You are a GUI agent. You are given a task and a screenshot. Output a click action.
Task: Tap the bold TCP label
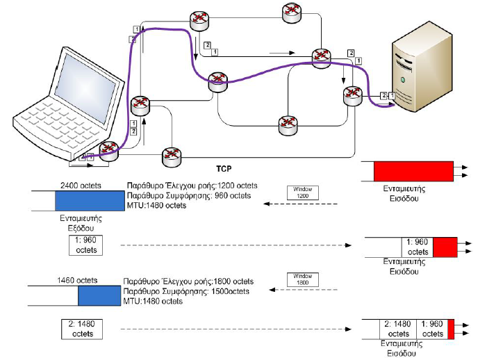(224, 167)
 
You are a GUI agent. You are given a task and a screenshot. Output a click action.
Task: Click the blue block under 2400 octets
(89, 201)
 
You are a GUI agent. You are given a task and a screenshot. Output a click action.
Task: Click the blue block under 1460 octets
(100, 295)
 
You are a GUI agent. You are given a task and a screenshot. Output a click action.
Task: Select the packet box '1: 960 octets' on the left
(85, 245)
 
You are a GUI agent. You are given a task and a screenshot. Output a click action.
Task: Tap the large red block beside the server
(413, 171)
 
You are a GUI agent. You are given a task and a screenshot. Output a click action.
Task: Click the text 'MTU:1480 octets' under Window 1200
(156, 206)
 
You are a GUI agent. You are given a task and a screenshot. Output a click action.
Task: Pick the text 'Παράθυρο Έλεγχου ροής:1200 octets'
(192, 186)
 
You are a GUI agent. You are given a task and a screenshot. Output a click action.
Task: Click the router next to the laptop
(109, 150)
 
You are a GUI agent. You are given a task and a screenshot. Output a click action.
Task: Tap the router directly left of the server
(352, 97)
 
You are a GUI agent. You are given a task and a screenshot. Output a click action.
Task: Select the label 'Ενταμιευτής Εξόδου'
(79, 222)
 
